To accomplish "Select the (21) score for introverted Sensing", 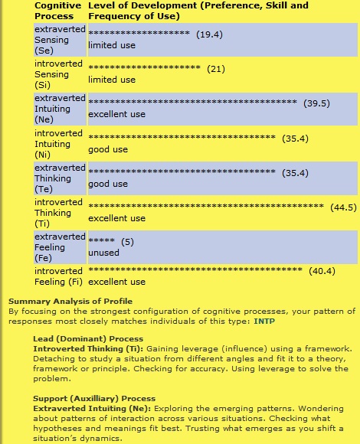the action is [215, 69].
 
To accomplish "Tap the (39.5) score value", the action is [316, 103].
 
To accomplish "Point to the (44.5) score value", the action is [343, 207].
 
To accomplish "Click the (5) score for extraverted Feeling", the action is [127, 242].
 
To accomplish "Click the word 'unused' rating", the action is [103, 253].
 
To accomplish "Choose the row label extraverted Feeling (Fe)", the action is [60, 247].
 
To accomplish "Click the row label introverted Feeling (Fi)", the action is [60, 276].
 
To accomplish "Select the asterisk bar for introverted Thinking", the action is [207, 207].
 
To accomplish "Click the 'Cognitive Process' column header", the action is [54, 11].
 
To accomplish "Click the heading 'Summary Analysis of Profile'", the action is [70, 301].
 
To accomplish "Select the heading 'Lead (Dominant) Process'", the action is [83, 338].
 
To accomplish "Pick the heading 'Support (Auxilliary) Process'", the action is [94, 398].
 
